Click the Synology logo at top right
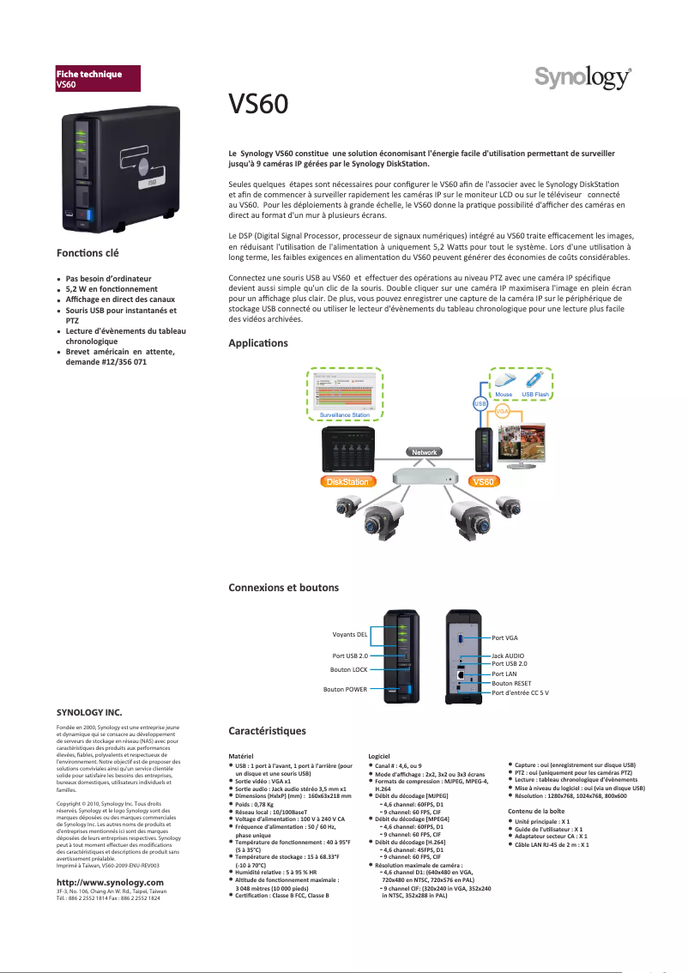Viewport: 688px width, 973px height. click(583, 78)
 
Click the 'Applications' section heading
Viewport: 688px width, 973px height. click(258, 343)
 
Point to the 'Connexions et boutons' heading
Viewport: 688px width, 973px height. click(283, 588)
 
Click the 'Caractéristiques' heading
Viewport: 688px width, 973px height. click(267, 730)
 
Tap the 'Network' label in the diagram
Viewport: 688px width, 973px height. click(425, 451)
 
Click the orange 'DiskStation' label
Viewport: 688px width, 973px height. click(345, 482)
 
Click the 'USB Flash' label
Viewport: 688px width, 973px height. click(535, 395)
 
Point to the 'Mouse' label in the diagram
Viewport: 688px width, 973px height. click(504, 395)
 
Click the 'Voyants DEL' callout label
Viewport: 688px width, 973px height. click(349, 635)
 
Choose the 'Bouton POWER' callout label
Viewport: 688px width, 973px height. click(345, 689)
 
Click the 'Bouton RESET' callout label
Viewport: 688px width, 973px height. click(512, 683)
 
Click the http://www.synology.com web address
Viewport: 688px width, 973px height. click(109, 882)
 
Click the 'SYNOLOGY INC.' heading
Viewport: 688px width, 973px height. click(88, 712)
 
